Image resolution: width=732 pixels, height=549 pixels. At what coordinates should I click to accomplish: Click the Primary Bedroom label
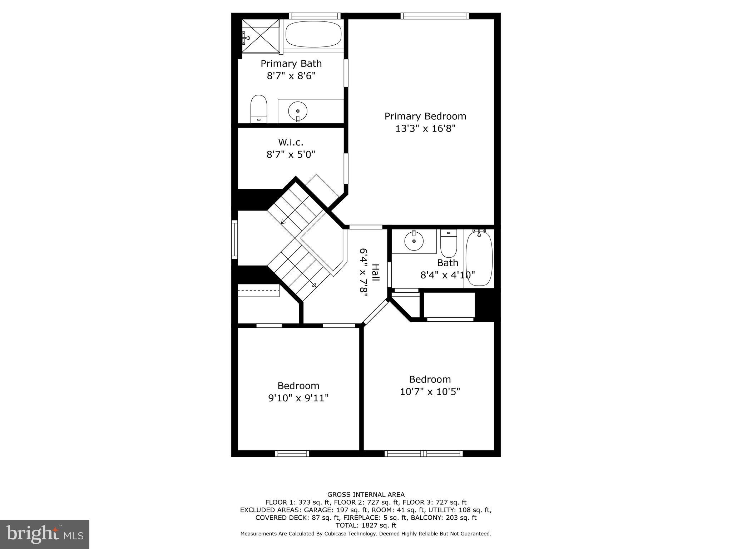[x=425, y=116]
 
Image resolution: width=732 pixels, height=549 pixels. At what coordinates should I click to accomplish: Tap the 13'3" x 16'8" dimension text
[x=425, y=129]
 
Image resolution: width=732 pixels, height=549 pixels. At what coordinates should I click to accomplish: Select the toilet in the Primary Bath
[x=259, y=108]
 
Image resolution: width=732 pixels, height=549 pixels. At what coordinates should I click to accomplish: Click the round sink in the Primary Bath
[x=297, y=111]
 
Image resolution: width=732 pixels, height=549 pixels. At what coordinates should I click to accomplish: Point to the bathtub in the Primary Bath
[x=313, y=34]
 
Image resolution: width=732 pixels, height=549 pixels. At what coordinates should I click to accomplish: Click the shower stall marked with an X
[x=261, y=36]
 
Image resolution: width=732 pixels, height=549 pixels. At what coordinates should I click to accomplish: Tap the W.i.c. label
[x=291, y=142]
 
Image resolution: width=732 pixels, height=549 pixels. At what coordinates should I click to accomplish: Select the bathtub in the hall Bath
[x=479, y=258]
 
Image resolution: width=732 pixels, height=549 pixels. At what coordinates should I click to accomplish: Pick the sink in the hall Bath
[x=414, y=242]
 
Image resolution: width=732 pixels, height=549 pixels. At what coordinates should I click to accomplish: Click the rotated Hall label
[x=375, y=272]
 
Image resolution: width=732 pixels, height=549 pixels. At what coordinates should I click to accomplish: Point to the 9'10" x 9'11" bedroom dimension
[x=298, y=398]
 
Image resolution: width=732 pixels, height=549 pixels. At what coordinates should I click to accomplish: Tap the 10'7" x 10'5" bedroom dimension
[x=430, y=392]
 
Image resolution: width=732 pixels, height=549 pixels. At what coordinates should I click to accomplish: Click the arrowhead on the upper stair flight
[x=283, y=222]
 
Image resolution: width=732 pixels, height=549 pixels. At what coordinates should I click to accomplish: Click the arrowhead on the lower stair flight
[x=314, y=285]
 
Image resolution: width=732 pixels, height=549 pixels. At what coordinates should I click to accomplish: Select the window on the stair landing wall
[x=234, y=239]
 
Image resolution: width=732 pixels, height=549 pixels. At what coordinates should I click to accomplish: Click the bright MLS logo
[x=45, y=534]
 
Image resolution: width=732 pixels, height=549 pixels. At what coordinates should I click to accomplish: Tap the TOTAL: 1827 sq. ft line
[x=366, y=525]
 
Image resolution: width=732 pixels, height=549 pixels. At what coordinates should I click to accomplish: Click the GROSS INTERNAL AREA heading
[x=366, y=495]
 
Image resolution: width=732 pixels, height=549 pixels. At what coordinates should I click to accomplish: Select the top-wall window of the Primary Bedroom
[x=434, y=16]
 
